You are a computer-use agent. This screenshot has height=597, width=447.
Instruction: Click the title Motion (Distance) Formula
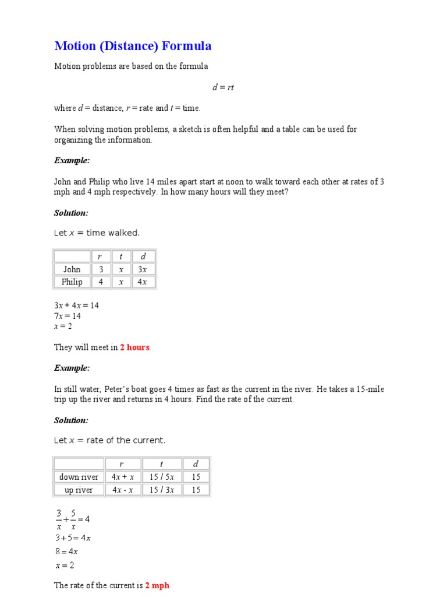click(x=133, y=46)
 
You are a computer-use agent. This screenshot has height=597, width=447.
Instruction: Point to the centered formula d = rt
click(x=223, y=87)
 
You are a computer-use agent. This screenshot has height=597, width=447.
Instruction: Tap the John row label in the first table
click(x=72, y=269)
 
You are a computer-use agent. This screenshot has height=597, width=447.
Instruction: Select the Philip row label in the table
click(x=72, y=282)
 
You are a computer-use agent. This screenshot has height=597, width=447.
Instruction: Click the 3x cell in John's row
click(x=143, y=269)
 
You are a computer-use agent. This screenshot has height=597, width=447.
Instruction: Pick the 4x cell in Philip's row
click(x=143, y=282)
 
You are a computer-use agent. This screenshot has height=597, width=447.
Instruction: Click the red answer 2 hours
click(x=134, y=347)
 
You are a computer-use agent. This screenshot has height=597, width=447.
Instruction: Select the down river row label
click(x=79, y=477)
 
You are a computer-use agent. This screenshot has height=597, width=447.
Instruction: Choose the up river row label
click(x=79, y=490)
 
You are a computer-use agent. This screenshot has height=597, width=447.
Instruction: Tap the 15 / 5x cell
click(x=162, y=477)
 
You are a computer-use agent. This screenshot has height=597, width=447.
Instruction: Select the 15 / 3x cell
click(x=162, y=490)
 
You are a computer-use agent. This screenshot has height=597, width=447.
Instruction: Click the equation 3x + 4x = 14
click(x=76, y=305)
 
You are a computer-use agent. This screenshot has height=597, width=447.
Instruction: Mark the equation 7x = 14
click(x=68, y=316)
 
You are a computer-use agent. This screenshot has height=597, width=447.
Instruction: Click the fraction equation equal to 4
click(x=72, y=519)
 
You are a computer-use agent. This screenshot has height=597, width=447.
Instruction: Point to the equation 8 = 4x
click(x=66, y=551)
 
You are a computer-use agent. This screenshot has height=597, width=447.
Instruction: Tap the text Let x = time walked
click(x=97, y=233)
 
